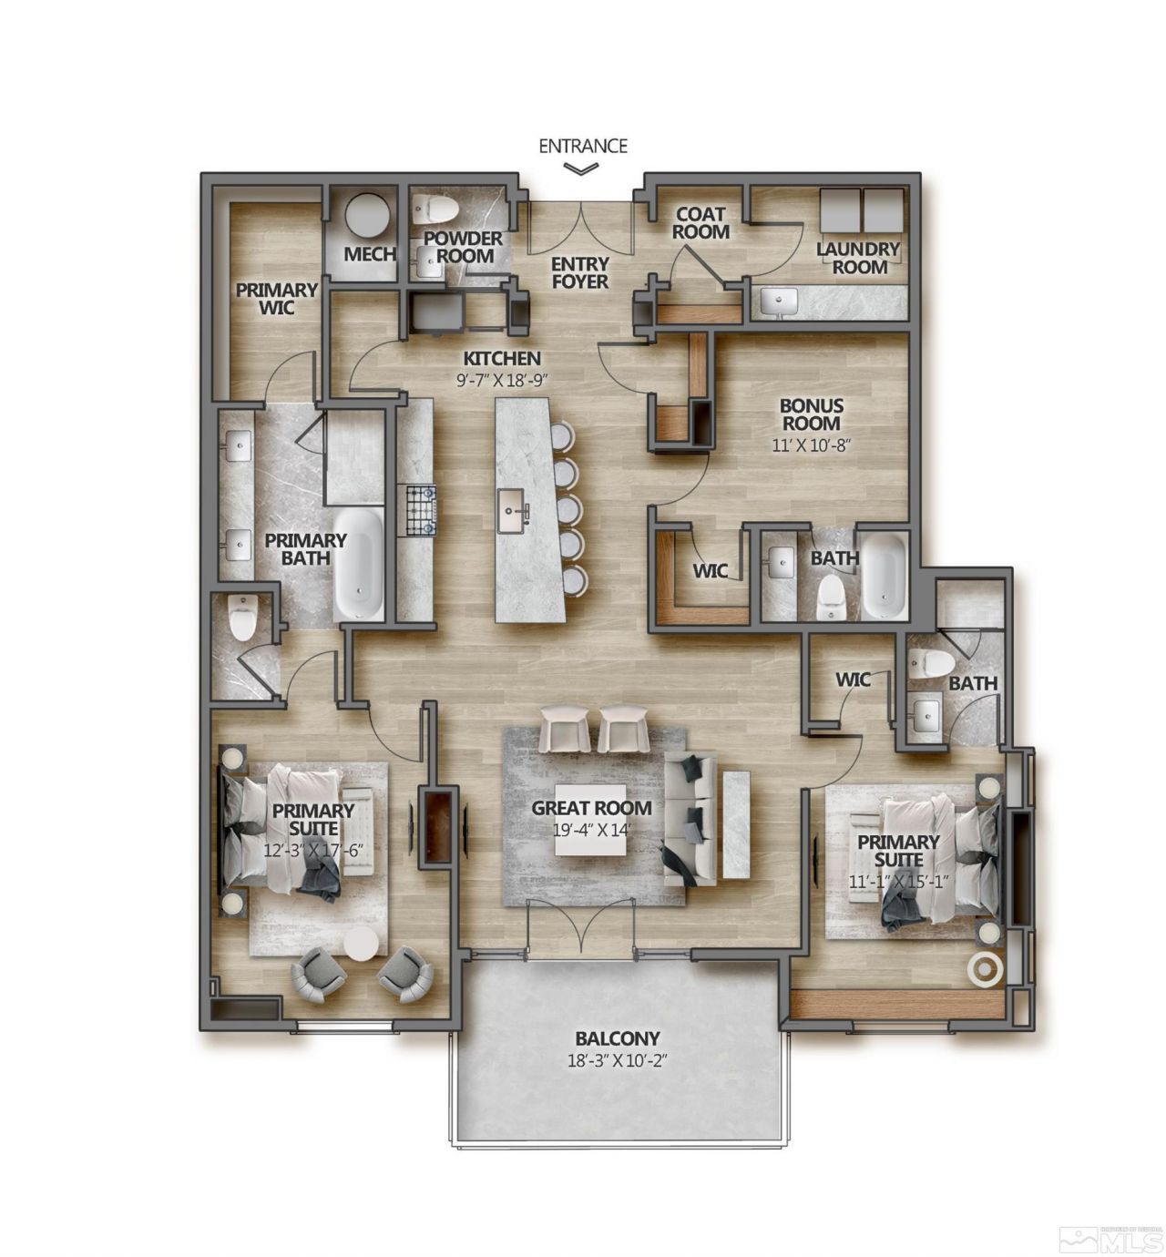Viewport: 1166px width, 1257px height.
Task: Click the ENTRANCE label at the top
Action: pos(583,145)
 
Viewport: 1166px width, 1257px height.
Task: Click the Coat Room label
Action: pos(701,222)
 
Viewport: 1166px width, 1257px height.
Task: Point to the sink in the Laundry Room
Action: pos(778,301)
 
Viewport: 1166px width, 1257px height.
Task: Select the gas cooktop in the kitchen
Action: pos(420,510)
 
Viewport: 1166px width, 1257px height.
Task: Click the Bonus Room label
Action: pos(811,414)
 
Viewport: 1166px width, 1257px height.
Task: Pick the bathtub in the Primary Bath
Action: pos(358,563)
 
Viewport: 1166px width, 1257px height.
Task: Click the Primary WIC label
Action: pos(276,299)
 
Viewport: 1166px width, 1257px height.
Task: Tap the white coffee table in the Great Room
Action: pos(591,819)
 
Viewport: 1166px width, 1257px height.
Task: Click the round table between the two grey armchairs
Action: pos(361,944)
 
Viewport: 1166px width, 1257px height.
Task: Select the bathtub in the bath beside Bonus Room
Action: pos(884,576)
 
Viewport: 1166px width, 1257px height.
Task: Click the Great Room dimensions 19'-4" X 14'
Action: pos(591,830)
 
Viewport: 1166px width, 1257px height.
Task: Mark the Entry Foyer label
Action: pos(580,273)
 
